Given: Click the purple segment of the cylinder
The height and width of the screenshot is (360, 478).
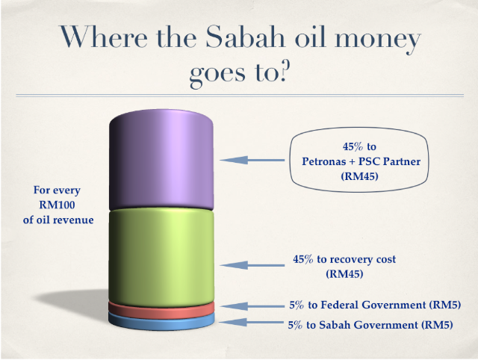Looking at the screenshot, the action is [161, 160].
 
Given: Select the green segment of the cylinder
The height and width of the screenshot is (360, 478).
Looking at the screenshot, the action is [161, 258].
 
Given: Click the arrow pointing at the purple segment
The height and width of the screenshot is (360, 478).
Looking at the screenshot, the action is [252, 160].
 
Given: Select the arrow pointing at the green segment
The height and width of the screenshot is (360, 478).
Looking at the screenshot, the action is [252, 265].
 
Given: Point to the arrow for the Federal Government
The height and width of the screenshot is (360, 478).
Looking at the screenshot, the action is [252, 306].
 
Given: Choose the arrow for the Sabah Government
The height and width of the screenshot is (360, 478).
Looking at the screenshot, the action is [252, 322].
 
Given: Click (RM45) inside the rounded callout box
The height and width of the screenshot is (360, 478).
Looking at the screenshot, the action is [359, 176].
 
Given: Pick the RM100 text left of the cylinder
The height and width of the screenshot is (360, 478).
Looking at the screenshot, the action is [57, 205].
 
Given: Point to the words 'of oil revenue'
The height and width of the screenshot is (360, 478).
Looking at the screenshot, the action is [58, 220].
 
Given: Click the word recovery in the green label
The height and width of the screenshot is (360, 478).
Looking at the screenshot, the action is [351, 259].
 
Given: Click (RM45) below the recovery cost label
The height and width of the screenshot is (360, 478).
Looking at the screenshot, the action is [344, 274].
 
